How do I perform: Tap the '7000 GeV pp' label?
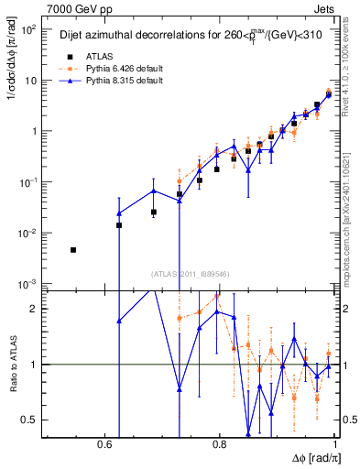[x=76, y=7]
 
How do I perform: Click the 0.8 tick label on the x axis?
[x=219, y=443]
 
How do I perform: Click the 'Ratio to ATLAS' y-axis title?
[x=15, y=364]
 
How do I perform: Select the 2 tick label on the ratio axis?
[x=35, y=309]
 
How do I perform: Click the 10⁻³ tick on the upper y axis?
[x=28, y=284]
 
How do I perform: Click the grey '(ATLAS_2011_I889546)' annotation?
[x=191, y=273]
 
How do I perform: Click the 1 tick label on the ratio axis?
[x=35, y=365]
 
